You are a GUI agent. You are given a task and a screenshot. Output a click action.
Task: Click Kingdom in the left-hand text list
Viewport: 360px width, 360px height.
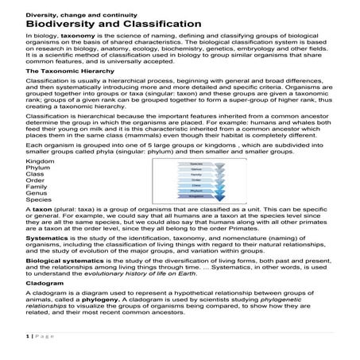click(x=41, y=183)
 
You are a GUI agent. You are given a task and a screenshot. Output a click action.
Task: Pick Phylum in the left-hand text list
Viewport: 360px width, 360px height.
click(x=38, y=189)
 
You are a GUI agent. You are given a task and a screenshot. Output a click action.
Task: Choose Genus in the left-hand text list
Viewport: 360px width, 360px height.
click(x=37, y=215)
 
